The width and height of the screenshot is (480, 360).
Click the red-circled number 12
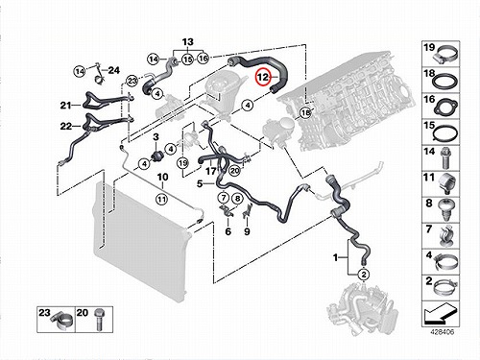263,77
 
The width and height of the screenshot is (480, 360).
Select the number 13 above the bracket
188,42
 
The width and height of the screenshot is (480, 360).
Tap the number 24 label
113,70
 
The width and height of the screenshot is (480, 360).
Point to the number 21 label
65,105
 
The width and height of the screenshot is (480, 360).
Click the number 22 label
66,126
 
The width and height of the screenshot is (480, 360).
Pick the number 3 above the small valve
156,137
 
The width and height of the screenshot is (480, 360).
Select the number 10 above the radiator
162,177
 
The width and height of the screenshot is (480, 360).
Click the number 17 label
211,171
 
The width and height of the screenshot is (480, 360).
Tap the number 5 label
200,183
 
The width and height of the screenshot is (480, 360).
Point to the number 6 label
228,231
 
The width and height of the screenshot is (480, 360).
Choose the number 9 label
247,231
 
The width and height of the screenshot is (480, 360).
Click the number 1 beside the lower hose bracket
335,257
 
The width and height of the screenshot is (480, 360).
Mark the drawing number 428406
442,332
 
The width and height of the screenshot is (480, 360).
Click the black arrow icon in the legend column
440,313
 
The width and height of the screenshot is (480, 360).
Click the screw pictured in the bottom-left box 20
99,320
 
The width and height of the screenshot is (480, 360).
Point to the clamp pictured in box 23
62,321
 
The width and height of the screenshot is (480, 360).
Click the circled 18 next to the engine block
306,112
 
